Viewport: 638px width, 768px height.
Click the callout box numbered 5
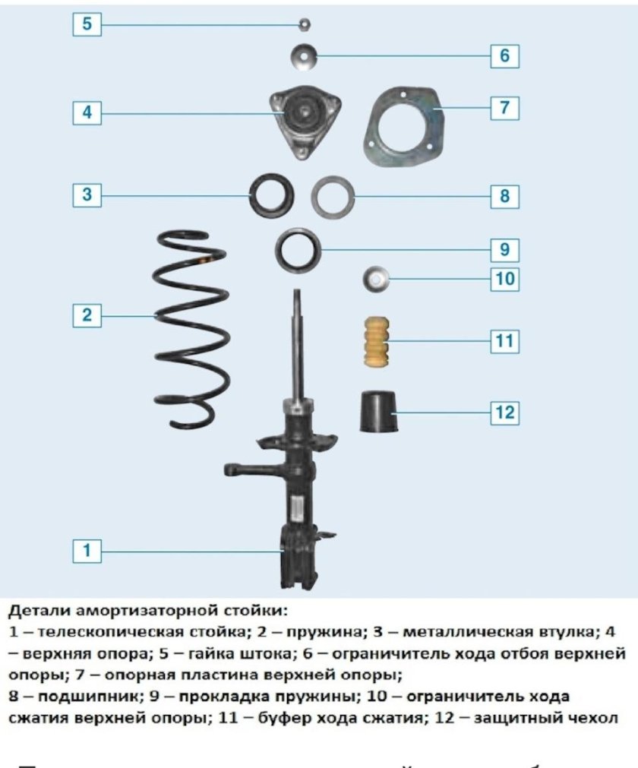(87, 24)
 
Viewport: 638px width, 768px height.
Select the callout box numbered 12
(504, 412)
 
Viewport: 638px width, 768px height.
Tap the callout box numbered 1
(87, 551)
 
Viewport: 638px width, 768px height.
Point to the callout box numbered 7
(504, 108)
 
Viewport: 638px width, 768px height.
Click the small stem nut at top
(305, 24)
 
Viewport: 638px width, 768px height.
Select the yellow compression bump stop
(374, 342)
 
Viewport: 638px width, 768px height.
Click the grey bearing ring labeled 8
(333, 197)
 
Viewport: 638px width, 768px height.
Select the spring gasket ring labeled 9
(297, 249)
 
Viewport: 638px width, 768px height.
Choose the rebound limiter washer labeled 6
(304, 55)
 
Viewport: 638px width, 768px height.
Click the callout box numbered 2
(87, 314)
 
